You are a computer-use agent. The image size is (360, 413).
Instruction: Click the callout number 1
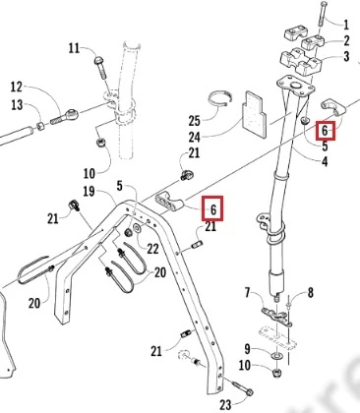[346, 25]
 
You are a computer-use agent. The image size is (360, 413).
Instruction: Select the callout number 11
[74, 48]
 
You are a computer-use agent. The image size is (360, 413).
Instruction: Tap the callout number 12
[17, 88]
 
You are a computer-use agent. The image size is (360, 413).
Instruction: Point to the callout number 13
[17, 105]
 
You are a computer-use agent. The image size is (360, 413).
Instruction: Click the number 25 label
[195, 121]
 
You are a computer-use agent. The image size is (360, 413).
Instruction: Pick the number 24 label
[195, 137]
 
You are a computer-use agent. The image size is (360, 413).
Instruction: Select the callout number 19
[89, 191]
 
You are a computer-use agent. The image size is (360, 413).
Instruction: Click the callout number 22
[152, 249]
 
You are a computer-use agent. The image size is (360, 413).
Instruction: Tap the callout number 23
[225, 405]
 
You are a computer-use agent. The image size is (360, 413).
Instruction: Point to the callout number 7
[247, 292]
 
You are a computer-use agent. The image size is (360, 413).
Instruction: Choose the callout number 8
[310, 292]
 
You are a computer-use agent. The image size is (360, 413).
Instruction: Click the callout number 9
[248, 348]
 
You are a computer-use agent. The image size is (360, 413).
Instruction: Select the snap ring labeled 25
[220, 98]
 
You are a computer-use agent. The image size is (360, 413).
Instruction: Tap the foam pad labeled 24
[255, 114]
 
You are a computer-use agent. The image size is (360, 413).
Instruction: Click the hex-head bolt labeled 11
[101, 68]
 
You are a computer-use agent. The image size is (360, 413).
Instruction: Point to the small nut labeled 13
[40, 126]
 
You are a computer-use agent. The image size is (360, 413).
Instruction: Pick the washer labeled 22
[137, 228]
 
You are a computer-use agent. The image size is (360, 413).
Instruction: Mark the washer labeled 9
[277, 356]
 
